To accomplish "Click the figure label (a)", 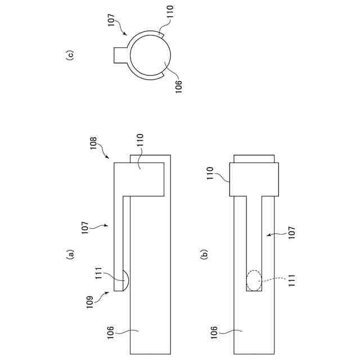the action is click(70, 254).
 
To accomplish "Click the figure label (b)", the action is click(204, 254).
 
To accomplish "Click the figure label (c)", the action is click(70, 55).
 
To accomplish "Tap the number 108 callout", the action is click(93, 143).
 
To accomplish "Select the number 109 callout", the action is click(90, 303).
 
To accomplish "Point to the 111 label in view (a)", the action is click(98, 273).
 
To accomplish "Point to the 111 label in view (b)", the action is click(291, 280).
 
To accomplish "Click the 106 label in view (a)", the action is click(110, 332).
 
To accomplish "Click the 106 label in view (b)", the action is click(214, 332).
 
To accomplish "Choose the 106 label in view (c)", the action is click(178, 86).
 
